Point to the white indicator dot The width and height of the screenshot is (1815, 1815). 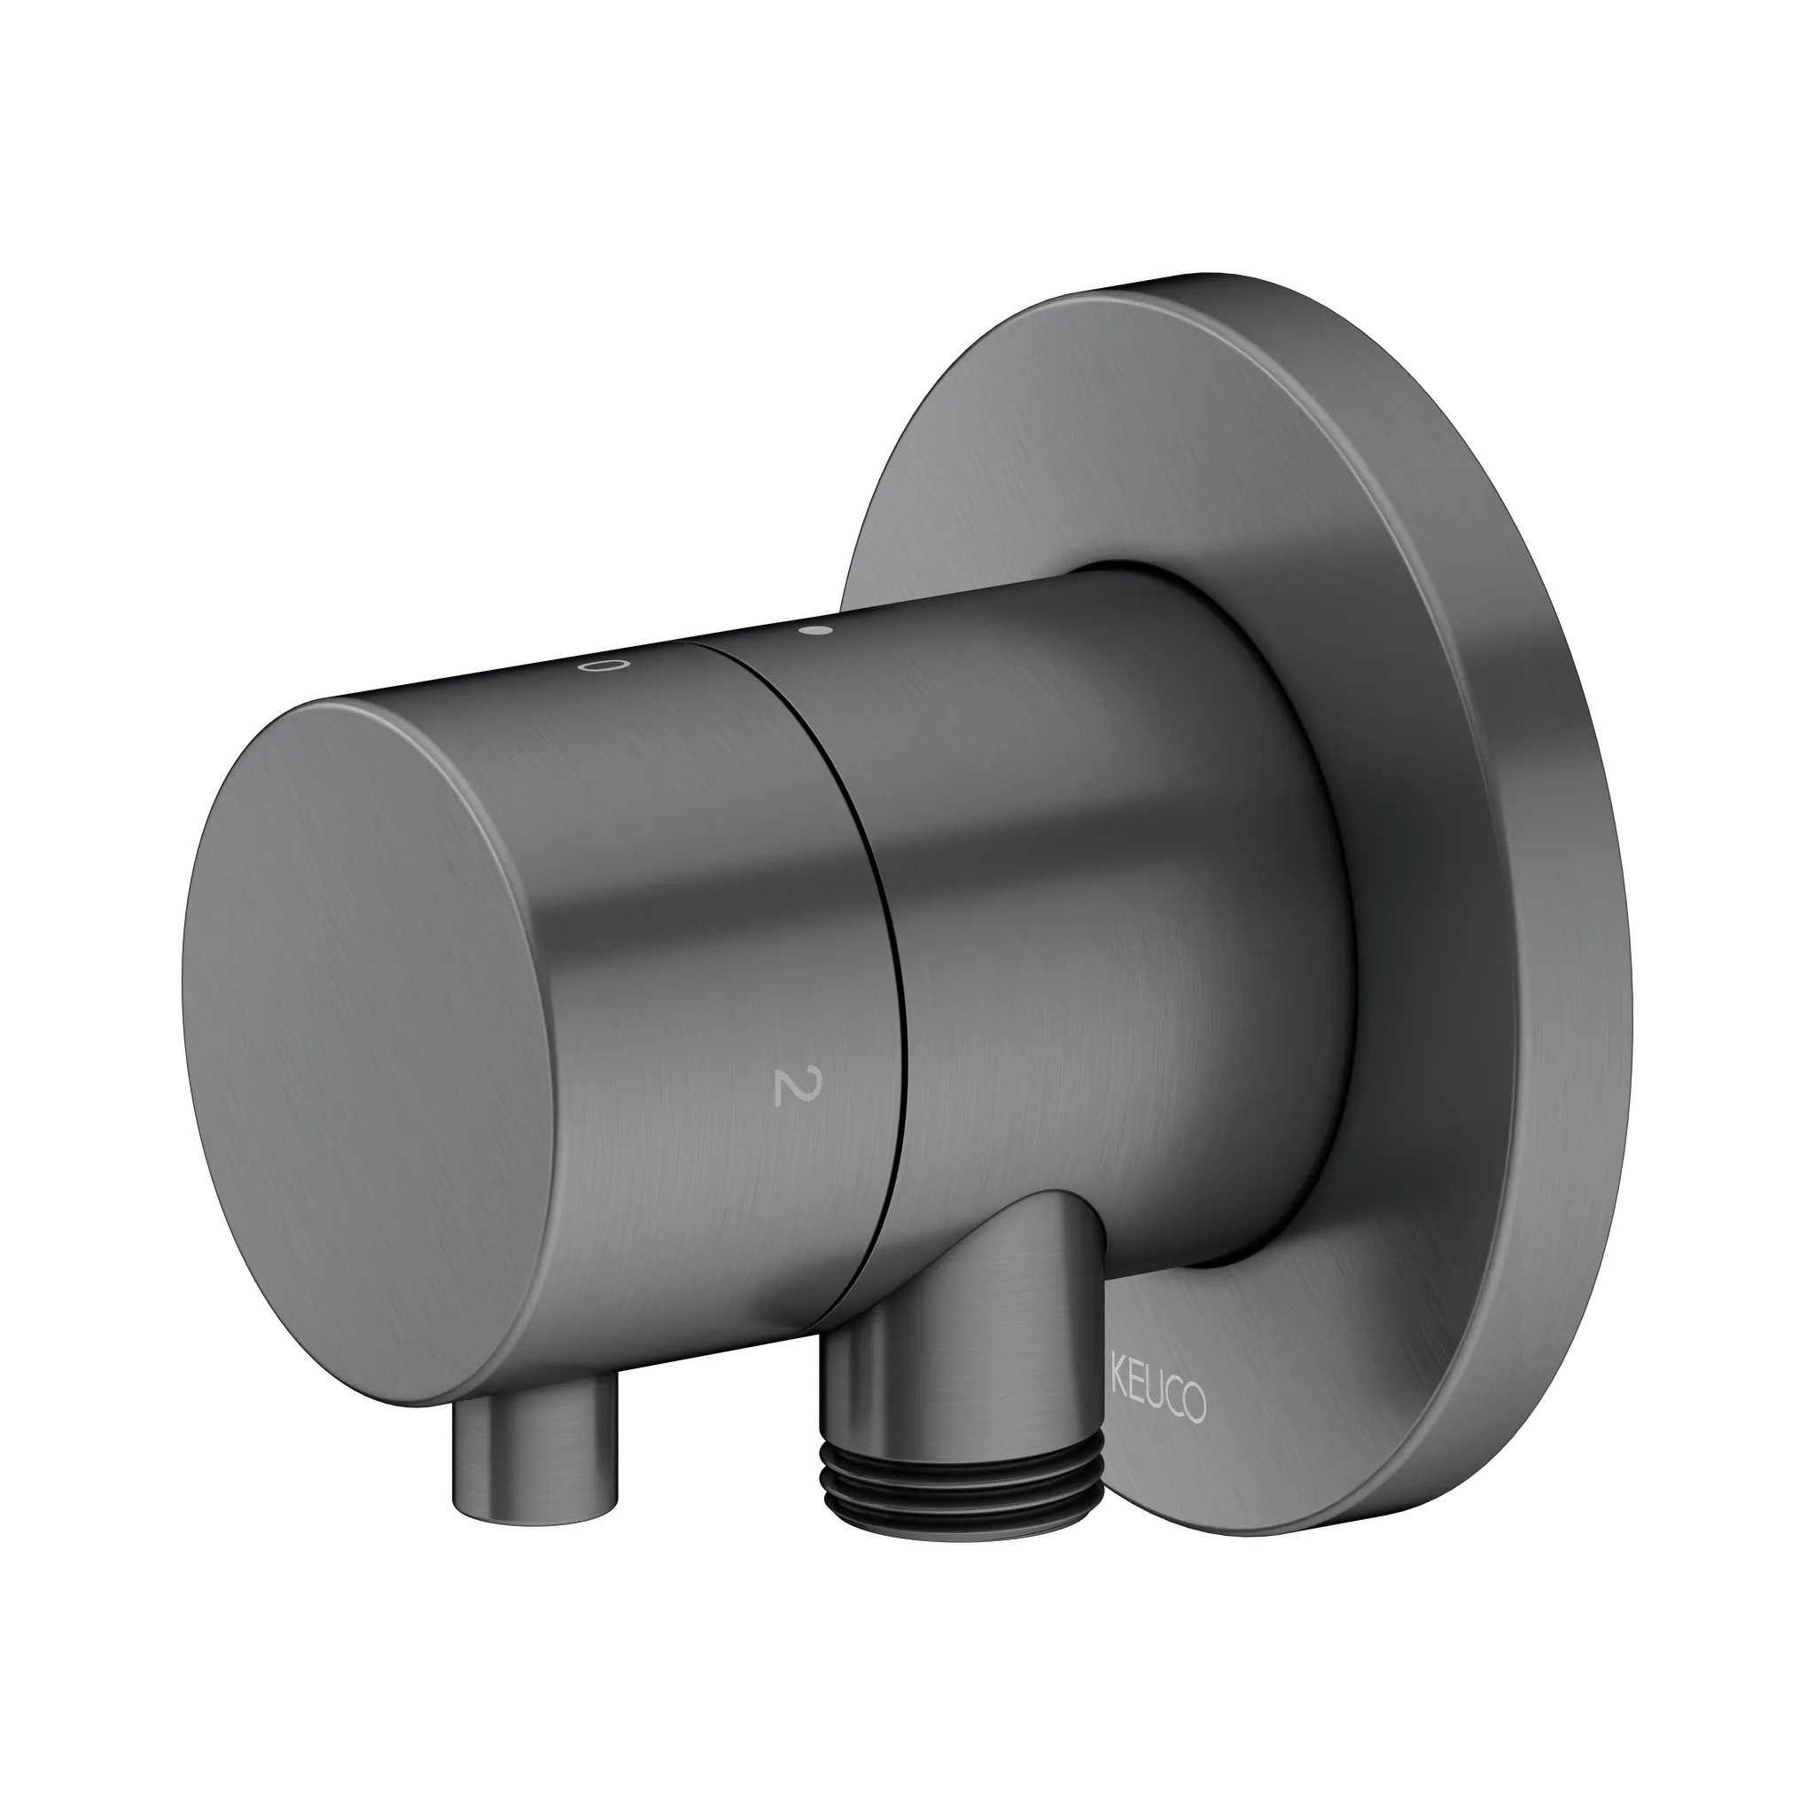(815, 631)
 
